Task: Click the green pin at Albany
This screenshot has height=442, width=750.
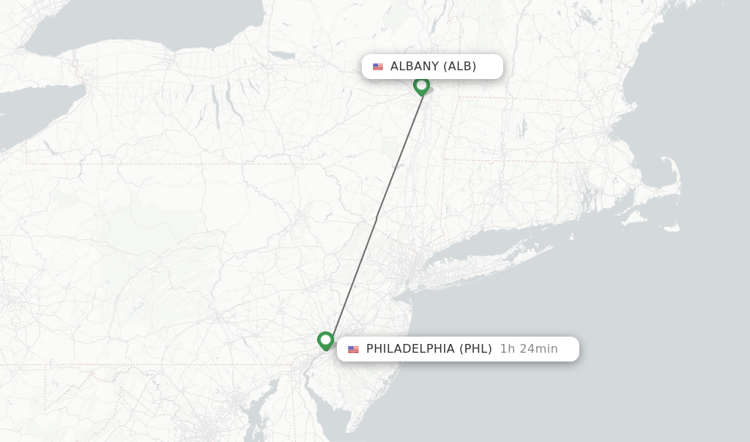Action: coord(421,86)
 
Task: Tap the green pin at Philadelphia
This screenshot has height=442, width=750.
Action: coord(325,340)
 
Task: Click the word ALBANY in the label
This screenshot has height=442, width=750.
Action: coord(414,67)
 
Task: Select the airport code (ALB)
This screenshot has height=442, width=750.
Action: coord(460,67)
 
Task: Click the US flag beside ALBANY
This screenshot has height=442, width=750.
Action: coord(378,67)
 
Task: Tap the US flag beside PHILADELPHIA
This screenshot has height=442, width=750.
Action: coord(354,349)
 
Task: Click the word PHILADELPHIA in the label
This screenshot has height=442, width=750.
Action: coord(410,349)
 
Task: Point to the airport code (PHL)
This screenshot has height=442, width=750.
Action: coord(475,349)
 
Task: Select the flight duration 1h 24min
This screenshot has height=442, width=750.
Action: coord(529,349)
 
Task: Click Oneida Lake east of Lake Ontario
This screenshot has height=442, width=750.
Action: coord(281,55)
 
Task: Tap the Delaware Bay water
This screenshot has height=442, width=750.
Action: coord(333,410)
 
